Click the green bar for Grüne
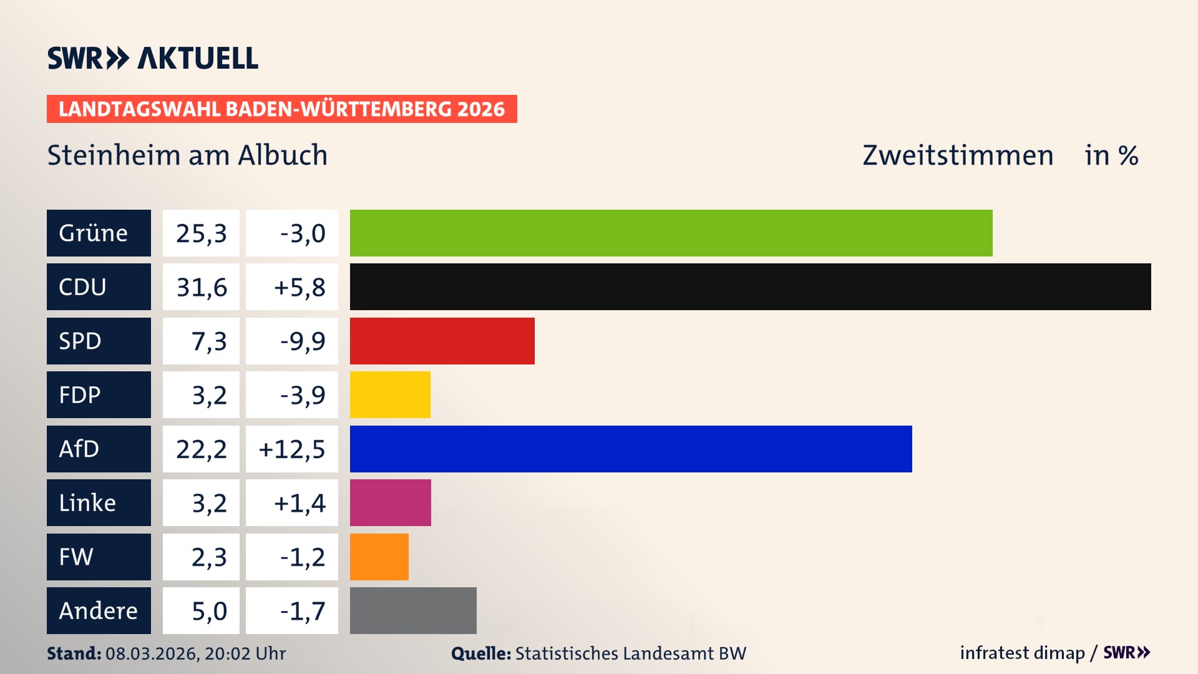coord(671,233)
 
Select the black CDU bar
coord(750,286)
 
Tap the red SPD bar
coord(442,341)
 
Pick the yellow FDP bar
coord(390,394)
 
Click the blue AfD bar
coord(630,449)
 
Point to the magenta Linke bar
coord(390,502)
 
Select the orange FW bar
coord(379,557)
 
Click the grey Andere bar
coord(413,610)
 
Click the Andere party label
coord(99,610)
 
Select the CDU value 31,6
coord(201,287)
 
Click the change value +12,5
coord(292,449)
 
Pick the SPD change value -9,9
coord(302,341)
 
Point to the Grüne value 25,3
coord(201,233)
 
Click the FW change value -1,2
coord(302,557)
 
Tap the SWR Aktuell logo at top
coord(152,58)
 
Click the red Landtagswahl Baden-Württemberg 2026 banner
coord(281,109)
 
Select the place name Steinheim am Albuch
coord(187,155)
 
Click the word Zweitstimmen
coord(957,155)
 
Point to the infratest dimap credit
coord(1022,653)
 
